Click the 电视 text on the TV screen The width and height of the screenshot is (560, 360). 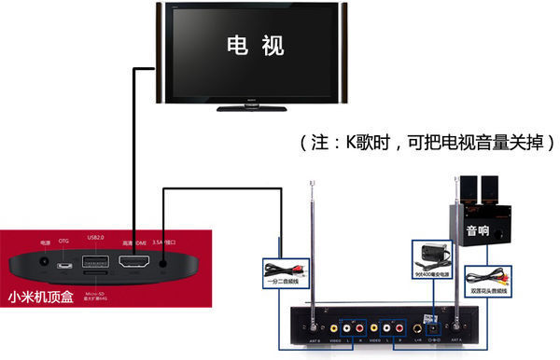(x=252, y=45)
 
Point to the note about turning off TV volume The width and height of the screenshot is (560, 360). (x=428, y=143)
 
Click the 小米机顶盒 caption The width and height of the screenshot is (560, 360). (x=39, y=300)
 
